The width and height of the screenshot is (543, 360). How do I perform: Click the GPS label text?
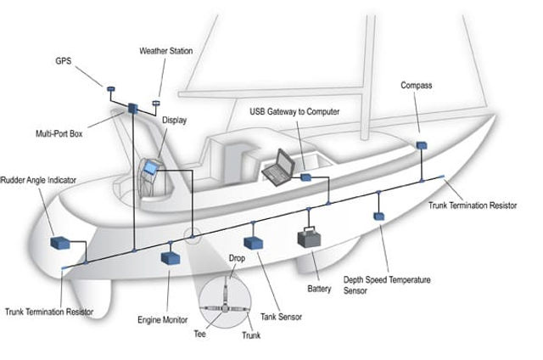(63, 62)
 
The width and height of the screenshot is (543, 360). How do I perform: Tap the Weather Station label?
(165, 51)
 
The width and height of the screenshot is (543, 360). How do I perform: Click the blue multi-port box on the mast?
(133, 108)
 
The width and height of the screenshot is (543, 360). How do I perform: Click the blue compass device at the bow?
(421, 145)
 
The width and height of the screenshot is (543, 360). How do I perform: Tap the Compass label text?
(417, 86)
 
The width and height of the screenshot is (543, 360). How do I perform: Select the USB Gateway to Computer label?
(294, 111)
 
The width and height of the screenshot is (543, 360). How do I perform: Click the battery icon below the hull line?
(309, 237)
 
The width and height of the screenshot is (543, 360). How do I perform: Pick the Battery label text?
(319, 290)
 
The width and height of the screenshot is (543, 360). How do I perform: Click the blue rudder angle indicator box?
(60, 244)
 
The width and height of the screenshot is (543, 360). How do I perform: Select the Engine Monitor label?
(162, 320)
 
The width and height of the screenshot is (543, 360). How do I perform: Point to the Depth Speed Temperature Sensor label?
(387, 285)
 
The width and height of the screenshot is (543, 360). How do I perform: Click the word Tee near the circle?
(200, 334)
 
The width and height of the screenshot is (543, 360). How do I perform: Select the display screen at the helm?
(150, 168)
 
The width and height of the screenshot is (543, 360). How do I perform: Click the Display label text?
(175, 120)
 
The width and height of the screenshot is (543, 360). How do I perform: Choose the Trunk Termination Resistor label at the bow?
(472, 205)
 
